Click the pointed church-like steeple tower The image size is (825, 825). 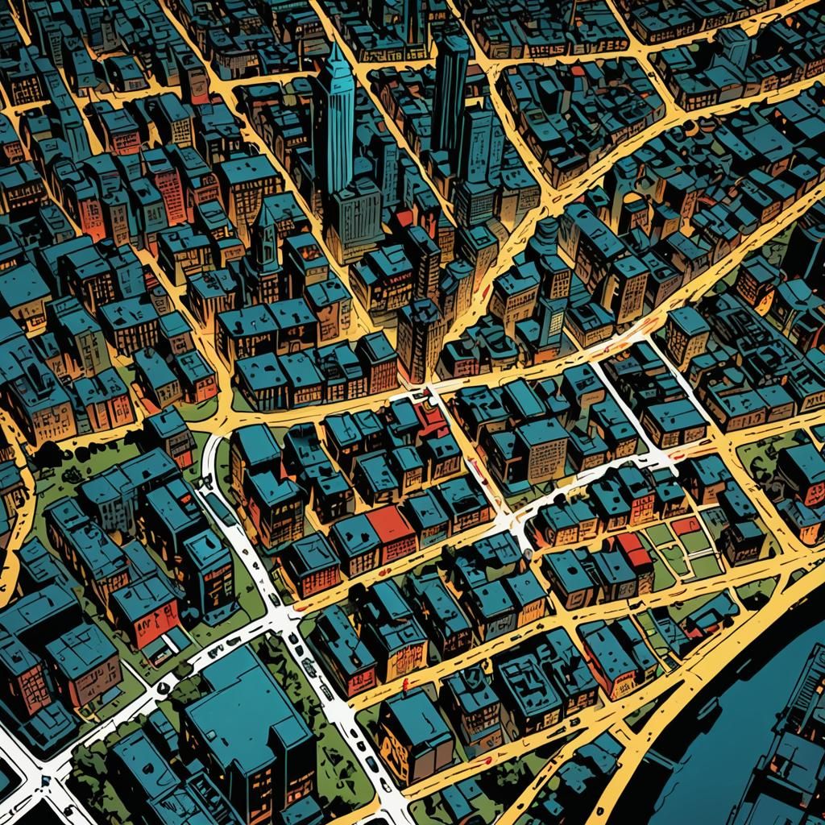click(x=263, y=234)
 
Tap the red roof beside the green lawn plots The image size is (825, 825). click(x=634, y=549)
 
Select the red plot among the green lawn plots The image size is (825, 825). click(x=686, y=526)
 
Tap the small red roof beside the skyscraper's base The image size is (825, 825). click(x=404, y=218)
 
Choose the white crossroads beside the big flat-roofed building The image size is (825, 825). click(x=282, y=620)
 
